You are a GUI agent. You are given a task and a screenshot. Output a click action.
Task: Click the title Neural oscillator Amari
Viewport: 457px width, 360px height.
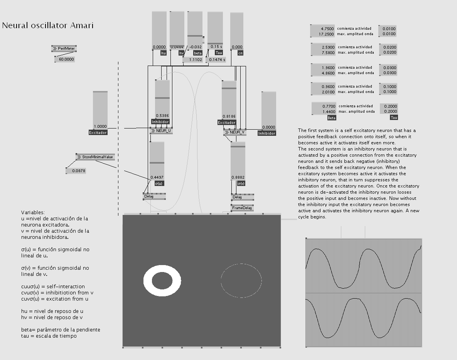[x=48, y=26]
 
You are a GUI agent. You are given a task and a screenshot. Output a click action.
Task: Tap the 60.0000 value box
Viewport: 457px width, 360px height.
[x=65, y=59]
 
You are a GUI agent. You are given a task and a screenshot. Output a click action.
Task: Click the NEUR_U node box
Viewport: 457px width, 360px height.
[x=161, y=131]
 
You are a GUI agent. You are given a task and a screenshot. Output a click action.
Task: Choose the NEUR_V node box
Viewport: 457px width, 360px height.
[x=235, y=132]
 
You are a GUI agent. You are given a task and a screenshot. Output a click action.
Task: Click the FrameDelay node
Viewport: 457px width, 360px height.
[x=242, y=208]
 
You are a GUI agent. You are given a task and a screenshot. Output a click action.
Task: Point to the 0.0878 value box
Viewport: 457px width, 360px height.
[x=76, y=171]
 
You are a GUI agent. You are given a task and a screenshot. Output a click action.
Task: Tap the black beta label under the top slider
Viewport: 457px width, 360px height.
[x=197, y=53]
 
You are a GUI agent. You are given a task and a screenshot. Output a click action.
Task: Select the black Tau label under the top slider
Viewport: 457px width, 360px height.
[x=219, y=53]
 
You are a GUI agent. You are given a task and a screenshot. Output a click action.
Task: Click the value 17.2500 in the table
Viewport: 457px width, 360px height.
[x=323, y=34]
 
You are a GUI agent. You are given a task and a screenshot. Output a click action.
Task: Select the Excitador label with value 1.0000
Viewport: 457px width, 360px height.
[x=98, y=132]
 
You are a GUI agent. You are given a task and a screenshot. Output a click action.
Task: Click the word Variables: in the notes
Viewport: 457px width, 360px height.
[x=33, y=212]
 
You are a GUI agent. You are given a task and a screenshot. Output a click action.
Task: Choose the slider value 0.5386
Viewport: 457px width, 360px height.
[x=162, y=115]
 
